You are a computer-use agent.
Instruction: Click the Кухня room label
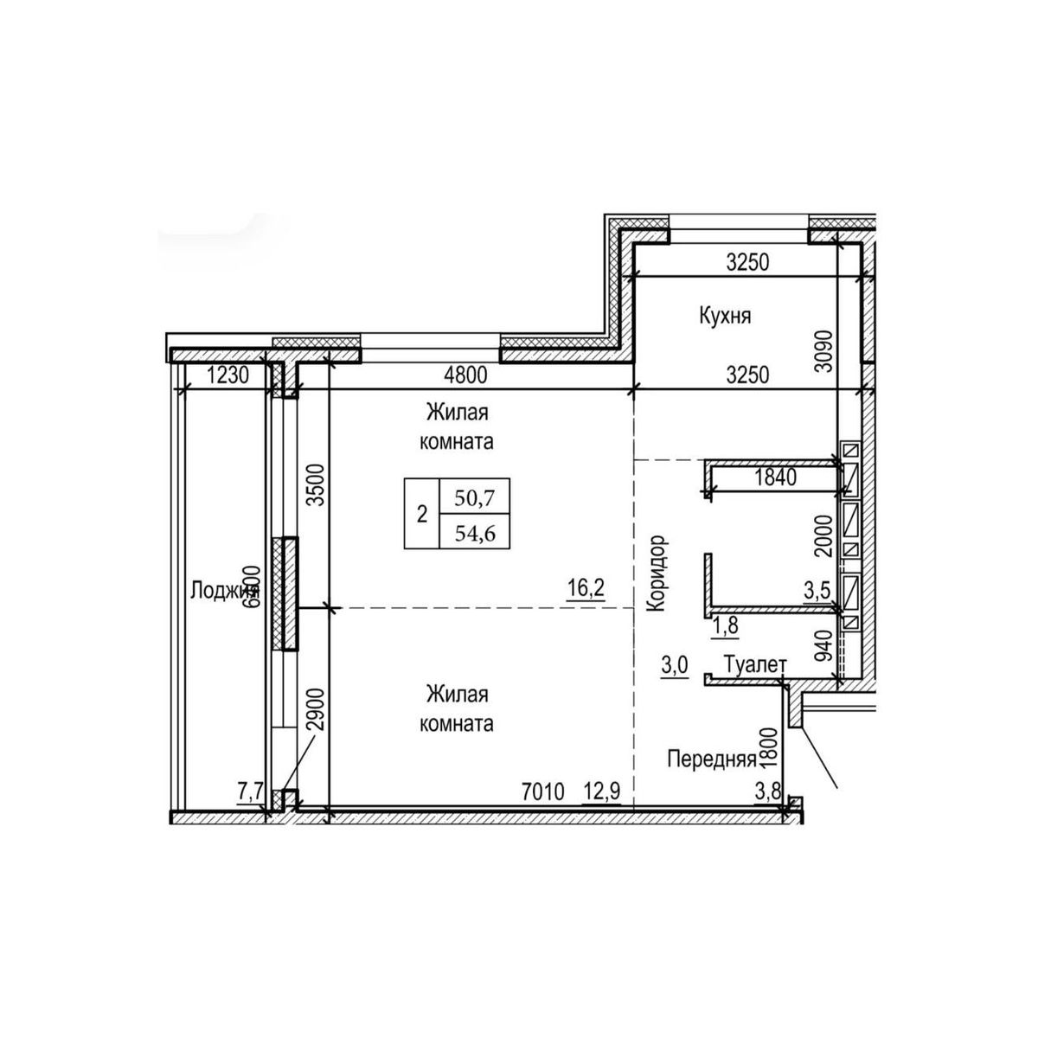coord(725,317)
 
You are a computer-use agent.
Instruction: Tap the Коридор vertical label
coord(657,573)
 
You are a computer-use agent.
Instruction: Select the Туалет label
coord(755,664)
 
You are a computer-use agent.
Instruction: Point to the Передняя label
coord(712,759)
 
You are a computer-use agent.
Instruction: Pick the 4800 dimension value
coord(465,375)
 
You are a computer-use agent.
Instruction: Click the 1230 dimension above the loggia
coord(227,375)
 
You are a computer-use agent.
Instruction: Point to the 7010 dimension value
coord(543,791)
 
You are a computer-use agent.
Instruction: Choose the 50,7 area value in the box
coord(474,497)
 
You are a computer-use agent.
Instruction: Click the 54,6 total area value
coord(474,533)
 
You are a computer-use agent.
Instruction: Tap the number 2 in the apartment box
coord(422,515)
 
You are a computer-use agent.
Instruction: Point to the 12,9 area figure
coord(604,791)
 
